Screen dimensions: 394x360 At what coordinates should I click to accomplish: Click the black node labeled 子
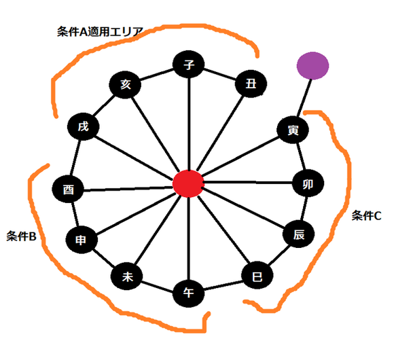tap(188, 65)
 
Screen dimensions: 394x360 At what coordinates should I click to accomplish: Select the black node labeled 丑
tap(251, 84)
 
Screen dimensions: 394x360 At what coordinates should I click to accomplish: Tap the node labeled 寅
tap(293, 130)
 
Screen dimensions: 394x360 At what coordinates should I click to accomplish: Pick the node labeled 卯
tap(308, 183)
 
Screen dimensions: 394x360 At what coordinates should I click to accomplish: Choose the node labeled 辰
tap(298, 234)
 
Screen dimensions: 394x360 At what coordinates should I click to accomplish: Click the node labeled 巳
tap(257, 276)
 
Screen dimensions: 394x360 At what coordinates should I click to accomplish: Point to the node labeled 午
tap(188, 293)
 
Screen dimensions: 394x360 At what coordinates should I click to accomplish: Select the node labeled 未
tap(127, 276)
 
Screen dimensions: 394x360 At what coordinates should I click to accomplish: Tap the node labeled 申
tap(82, 240)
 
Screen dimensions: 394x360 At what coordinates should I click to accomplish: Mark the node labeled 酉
tap(68, 189)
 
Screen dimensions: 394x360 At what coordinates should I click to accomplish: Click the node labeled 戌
tap(84, 126)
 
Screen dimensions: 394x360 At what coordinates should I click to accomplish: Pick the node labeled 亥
tap(125, 85)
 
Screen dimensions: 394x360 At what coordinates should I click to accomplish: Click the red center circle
tap(188, 183)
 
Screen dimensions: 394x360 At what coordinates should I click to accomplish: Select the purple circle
tap(313, 66)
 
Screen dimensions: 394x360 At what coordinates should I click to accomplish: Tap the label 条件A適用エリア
tap(100, 32)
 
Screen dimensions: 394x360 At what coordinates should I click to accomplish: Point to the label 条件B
tap(21, 236)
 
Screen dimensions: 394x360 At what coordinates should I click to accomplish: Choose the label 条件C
tap(366, 215)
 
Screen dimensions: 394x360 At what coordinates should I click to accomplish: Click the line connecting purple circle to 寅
tap(304, 98)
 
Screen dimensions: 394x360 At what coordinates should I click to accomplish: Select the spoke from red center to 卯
tap(248, 182)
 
